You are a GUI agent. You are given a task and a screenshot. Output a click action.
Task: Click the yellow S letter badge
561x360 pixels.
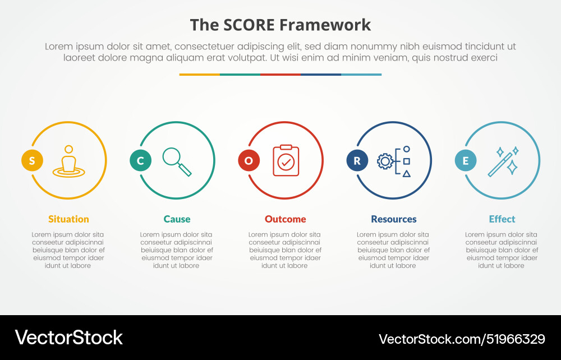pos(32,161)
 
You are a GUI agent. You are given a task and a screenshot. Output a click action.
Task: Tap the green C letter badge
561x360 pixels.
pos(140,161)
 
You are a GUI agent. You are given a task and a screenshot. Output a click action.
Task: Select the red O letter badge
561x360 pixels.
pos(249,161)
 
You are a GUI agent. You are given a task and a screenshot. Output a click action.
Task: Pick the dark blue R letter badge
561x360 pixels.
pos(357,161)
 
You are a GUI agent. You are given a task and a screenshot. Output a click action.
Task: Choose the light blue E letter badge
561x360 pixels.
pos(465,161)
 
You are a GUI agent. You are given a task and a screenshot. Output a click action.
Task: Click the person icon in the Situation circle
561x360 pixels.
pos(68,161)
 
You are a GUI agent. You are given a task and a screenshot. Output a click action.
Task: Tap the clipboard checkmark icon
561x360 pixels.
pos(286,161)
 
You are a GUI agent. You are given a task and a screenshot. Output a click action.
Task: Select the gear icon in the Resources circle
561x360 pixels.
pos(385,161)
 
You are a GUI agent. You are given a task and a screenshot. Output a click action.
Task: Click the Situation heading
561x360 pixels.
pos(68,219)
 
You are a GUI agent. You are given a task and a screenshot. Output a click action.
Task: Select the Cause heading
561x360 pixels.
pos(177,219)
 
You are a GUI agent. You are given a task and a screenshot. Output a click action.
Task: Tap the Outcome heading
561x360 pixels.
pos(286,219)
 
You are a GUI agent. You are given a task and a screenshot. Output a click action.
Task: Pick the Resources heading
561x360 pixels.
pos(394,219)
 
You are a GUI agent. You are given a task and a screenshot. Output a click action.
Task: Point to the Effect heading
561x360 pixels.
pos(502,219)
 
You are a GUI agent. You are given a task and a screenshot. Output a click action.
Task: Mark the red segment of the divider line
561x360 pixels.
pos(280,74)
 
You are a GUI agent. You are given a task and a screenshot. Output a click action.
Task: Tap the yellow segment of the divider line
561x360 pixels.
pos(200,74)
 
